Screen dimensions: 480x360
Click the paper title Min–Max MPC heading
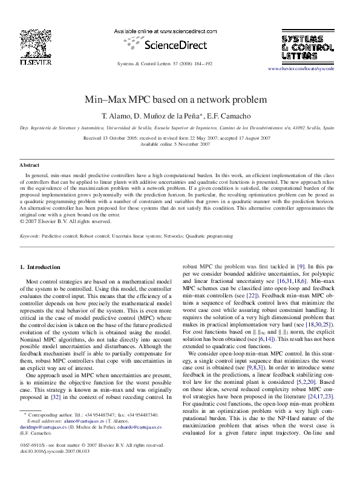point(180,100)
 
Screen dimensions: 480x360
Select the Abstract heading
point(30,165)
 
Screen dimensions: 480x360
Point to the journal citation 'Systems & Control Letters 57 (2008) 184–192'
point(163,63)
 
